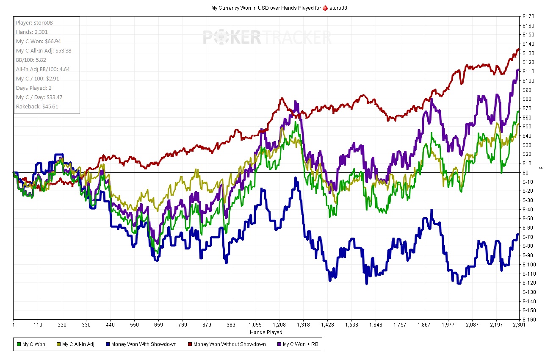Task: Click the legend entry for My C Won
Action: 31,344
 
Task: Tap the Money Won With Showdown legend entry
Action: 140,344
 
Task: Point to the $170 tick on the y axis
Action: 528,17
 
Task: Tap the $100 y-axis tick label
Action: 528,81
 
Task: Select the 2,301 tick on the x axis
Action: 519,325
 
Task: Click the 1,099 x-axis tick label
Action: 255,325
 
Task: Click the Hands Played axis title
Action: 267,332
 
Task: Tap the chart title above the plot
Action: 279,8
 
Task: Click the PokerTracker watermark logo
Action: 267,37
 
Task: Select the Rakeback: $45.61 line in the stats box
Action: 37,106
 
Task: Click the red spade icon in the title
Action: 325,8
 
